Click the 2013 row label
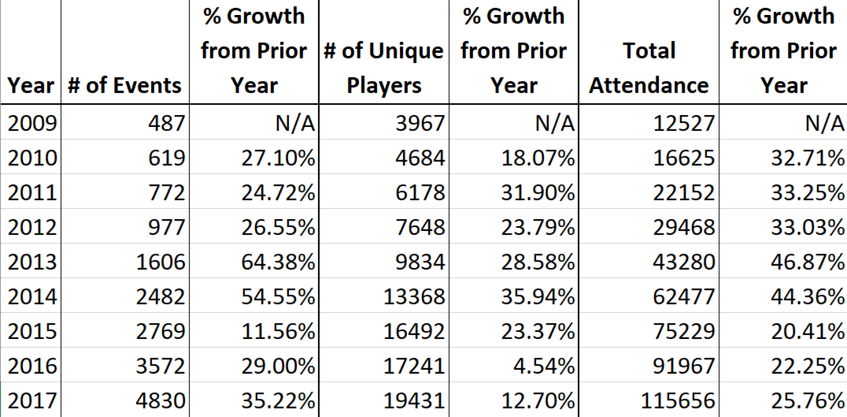[x=32, y=262]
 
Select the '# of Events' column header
[x=125, y=86]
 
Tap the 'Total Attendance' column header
[x=649, y=68]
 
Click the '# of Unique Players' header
[x=384, y=68]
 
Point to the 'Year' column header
[x=31, y=86]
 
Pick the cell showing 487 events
[x=166, y=123]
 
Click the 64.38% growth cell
[x=278, y=262]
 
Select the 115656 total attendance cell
[x=678, y=400]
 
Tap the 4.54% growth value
[x=544, y=366]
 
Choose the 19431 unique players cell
[x=414, y=400]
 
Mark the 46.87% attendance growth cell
[x=808, y=262]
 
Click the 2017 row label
[x=32, y=400]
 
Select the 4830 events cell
[x=161, y=400]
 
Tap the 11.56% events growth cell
[x=278, y=331]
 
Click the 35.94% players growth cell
[x=538, y=296]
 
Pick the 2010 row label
[x=32, y=158]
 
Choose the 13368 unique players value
[x=414, y=296]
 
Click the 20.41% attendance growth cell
[x=808, y=331]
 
